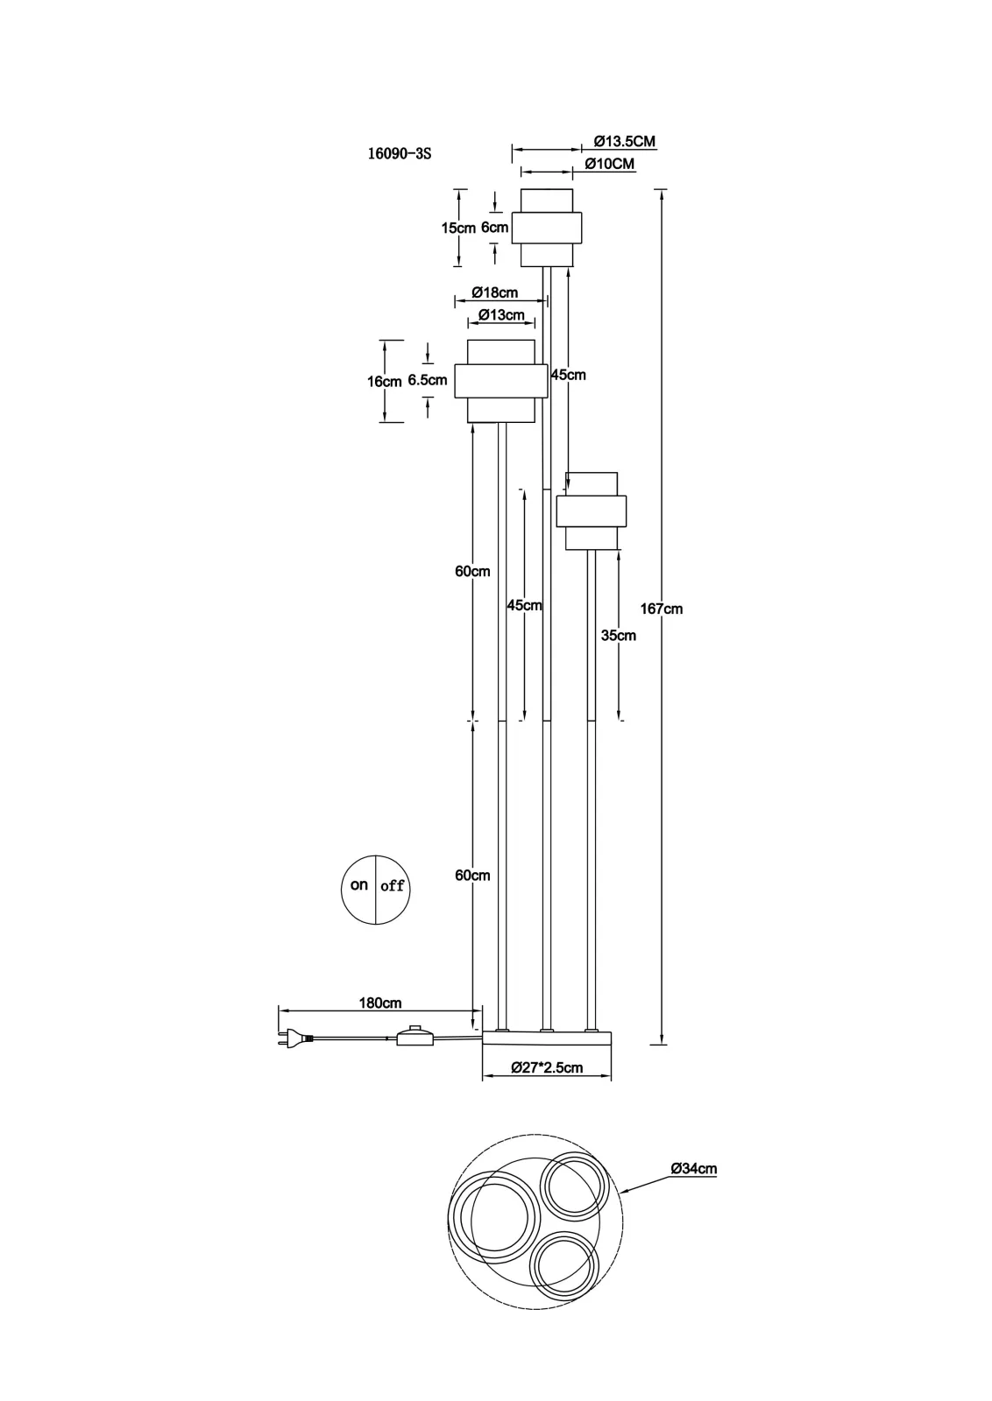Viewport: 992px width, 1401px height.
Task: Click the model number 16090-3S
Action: [x=400, y=154]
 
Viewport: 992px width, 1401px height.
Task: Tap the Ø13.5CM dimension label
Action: [x=625, y=141]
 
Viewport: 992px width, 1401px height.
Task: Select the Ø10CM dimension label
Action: [x=610, y=164]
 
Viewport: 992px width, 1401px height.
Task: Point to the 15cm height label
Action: [x=459, y=229]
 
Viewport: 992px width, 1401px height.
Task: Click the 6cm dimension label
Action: [x=494, y=228]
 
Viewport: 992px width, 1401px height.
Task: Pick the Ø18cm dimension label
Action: [x=495, y=292]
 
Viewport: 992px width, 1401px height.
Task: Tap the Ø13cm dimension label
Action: [x=501, y=315]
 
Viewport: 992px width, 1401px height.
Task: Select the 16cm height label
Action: [x=385, y=382]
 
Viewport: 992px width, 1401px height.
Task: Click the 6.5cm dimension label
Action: [x=428, y=380]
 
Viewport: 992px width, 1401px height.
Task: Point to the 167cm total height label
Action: [x=661, y=609]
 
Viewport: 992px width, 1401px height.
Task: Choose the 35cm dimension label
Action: [x=619, y=636]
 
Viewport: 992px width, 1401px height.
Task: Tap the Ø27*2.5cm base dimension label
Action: [x=547, y=1067]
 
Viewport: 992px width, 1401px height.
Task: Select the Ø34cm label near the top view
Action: [x=693, y=1168]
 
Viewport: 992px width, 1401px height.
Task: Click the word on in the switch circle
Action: [x=359, y=885]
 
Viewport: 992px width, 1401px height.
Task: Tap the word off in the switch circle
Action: [x=392, y=885]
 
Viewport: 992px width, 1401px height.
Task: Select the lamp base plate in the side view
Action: [x=547, y=1038]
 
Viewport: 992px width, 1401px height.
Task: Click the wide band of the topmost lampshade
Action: [x=547, y=228]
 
